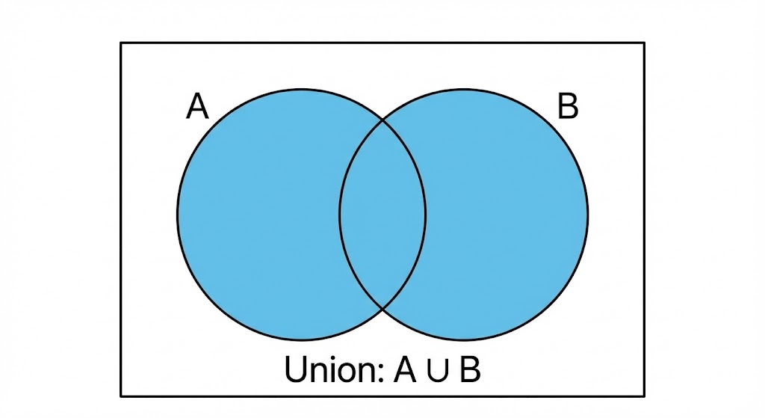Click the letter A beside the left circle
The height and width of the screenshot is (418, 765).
(x=197, y=106)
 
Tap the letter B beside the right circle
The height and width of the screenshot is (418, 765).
(x=568, y=106)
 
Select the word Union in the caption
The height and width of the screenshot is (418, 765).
(x=328, y=369)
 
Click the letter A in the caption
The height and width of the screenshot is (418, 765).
(x=405, y=369)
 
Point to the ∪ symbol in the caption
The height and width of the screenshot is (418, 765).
(x=438, y=372)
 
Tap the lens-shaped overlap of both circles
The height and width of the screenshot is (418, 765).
(x=382, y=215)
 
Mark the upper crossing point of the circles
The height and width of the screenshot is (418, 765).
(x=382, y=119)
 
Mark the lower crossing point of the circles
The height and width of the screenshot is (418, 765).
(x=382, y=309)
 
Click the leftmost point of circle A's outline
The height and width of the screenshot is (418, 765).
(x=178, y=215)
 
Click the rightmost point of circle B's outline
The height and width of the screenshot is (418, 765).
(x=588, y=215)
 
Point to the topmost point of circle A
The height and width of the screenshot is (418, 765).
(x=302, y=90)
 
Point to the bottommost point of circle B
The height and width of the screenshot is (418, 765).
(x=464, y=339)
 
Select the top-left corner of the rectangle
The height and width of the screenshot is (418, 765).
(x=121, y=43)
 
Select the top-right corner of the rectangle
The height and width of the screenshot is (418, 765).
(x=644, y=43)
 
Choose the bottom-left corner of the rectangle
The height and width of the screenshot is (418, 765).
(x=121, y=396)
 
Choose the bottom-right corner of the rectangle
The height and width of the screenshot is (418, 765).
(x=644, y=396)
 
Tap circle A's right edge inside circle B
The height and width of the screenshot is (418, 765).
(x=425, y=215)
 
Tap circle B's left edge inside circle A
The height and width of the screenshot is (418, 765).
(x=340, y=215)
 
